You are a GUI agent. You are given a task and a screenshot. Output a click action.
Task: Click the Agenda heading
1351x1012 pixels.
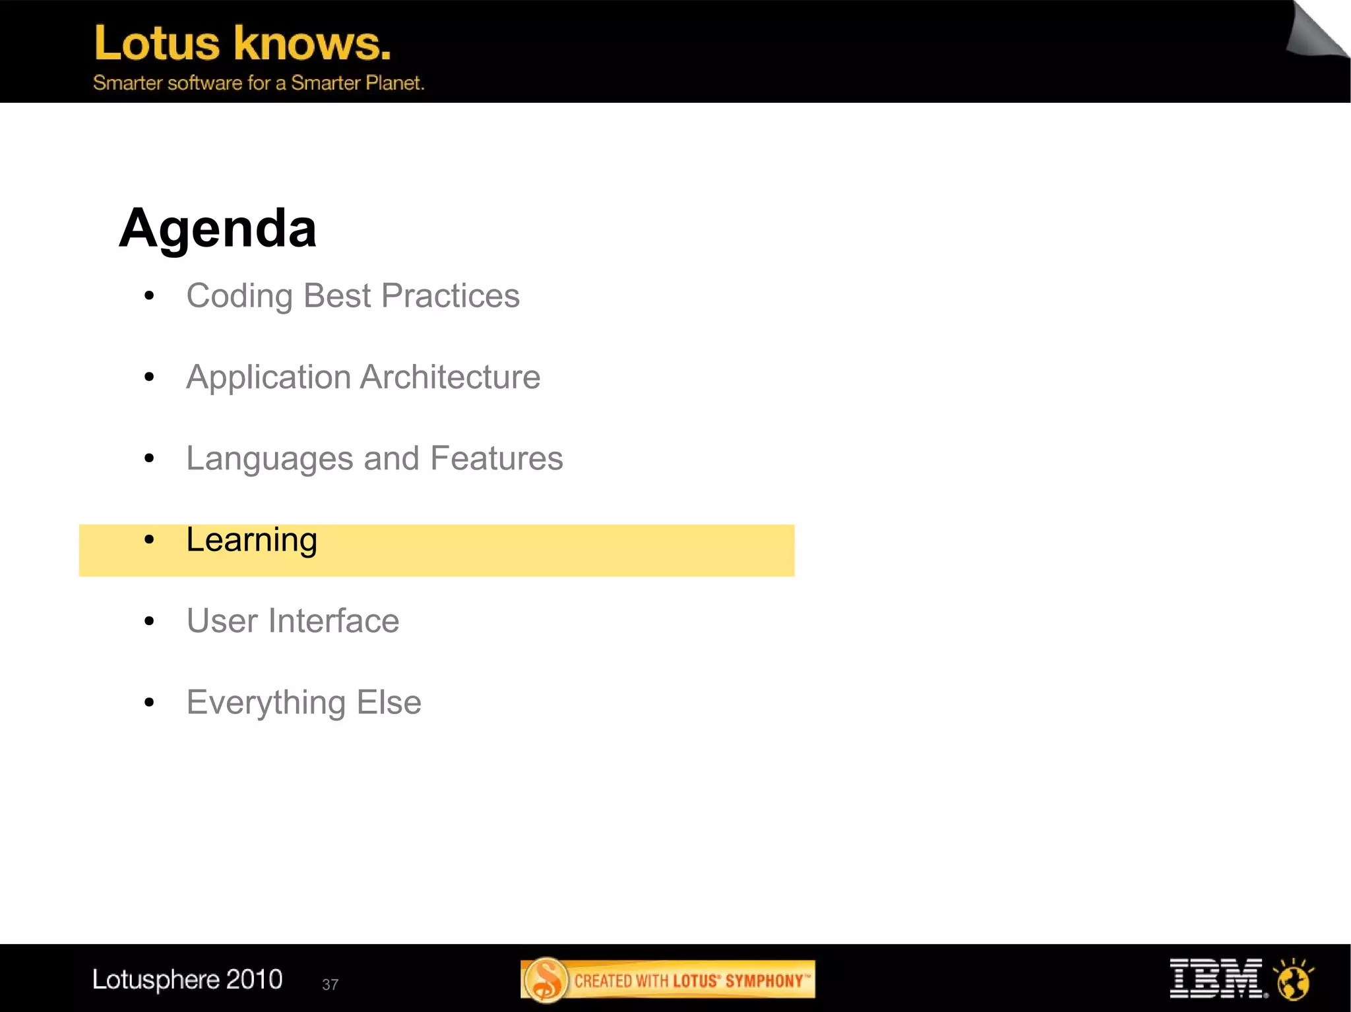pos(218,228)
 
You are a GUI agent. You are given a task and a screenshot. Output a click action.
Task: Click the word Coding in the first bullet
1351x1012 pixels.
pos(239,296)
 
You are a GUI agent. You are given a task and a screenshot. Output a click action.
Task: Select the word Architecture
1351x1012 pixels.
pos(450,377)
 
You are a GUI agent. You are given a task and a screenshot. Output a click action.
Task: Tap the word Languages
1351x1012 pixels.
pos(269,459)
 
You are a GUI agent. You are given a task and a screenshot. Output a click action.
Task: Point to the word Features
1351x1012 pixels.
pos(496,458)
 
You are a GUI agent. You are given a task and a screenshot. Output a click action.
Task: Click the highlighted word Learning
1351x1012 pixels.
pos(251,540)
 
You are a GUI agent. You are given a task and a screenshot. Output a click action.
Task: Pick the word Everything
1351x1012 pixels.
pos(265,703)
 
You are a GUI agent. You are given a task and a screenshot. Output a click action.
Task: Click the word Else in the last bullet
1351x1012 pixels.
pos(389,702)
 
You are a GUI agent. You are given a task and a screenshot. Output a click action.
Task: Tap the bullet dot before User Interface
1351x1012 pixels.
pos(149,621)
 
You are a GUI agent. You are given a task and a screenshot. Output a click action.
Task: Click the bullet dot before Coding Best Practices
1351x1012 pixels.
pos(149,296)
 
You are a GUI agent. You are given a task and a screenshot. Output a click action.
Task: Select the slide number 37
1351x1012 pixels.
pos(330,984)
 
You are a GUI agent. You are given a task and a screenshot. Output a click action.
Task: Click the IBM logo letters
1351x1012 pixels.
pos(1216,978)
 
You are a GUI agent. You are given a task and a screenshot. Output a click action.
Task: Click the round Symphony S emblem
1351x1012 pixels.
pos(546,980)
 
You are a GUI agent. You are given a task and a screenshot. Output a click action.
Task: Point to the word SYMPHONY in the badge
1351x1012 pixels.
pos(763,981)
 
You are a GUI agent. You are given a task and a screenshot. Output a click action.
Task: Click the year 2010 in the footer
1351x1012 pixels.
pos(254,979)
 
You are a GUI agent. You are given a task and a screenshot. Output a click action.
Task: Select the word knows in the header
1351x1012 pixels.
pos(312,44)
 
